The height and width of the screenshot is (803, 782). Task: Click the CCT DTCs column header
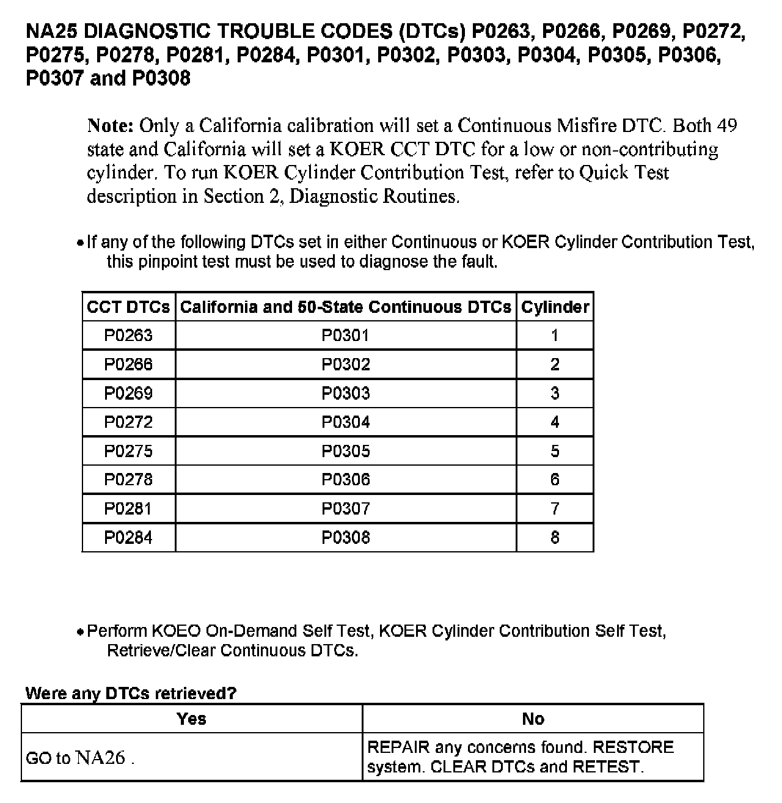128,307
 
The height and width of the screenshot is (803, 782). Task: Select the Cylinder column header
555,307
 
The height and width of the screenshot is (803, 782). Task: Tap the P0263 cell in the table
128,335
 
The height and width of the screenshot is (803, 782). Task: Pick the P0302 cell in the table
346,364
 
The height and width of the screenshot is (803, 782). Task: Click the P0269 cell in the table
128,393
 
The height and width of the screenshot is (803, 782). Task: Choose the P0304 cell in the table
346,422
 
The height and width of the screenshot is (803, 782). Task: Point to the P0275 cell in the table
128,451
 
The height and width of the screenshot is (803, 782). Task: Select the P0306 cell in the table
346,480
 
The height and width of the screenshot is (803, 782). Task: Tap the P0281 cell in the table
128,508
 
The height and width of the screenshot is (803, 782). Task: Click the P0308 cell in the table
346,538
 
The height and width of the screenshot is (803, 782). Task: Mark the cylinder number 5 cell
555,451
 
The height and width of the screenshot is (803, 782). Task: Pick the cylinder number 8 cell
555,538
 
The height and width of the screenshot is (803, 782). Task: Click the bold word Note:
111,126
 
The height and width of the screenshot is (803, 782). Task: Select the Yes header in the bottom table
191,719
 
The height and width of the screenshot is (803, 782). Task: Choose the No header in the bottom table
533,719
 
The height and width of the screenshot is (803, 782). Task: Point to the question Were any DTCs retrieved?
131,694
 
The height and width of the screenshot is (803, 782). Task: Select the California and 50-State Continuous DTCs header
346,307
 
